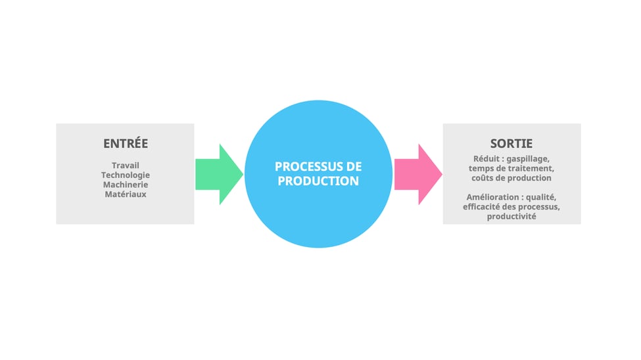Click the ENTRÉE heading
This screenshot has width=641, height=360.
[126, 143]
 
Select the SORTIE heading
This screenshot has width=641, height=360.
[511, 143]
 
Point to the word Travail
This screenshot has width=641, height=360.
[126, 165]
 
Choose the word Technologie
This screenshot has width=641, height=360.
[126, 175]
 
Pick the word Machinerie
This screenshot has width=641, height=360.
[126, 185]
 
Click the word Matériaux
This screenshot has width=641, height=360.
[126, 194]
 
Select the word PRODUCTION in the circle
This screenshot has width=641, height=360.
[318, 181]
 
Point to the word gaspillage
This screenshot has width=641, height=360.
[529, 159]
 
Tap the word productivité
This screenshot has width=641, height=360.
[511, 216]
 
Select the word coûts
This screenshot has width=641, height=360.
[483, 178]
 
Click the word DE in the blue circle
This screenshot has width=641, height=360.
[354, 167]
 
